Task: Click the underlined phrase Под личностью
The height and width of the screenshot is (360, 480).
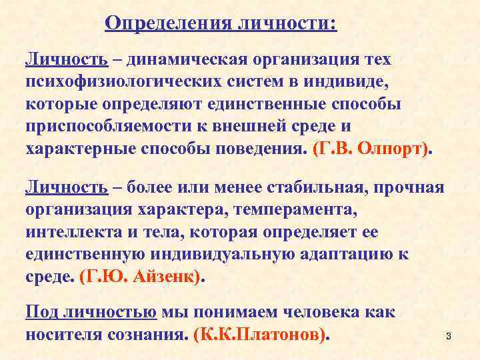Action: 91,311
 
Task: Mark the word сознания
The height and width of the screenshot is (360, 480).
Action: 149,334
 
